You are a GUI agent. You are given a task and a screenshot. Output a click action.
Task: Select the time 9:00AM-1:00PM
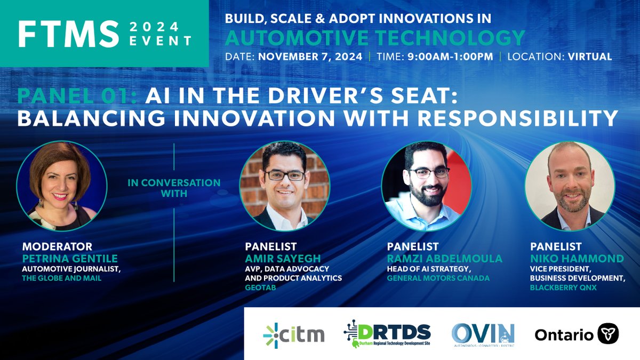pyautogui.click(x=449, y=57)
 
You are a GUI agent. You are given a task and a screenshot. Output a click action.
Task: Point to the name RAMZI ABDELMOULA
pyautogui.click(x=444, y=258)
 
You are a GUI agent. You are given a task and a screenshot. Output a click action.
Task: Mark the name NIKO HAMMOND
pyautogui.click(x=577, y=258)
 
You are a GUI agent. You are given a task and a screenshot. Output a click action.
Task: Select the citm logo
pyautogui.click(x=293, y=334)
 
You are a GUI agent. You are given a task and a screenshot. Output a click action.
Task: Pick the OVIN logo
pyautogui.click(x=483, y=334)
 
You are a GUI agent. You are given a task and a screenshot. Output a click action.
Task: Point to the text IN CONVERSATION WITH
pyautogui.click(x=174, y=188)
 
